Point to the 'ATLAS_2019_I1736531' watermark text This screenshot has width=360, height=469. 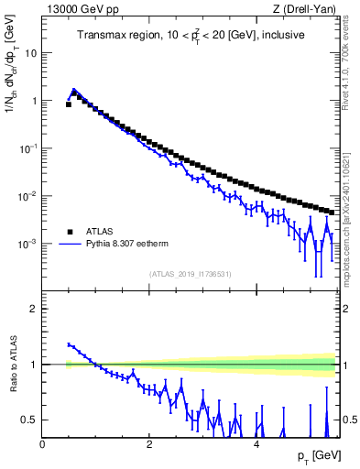tap(189, 274)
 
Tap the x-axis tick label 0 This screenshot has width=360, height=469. tap(43, 444)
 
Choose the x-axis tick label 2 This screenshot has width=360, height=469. tap(150, 444)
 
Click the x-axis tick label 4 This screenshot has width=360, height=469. tap(256, 444)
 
